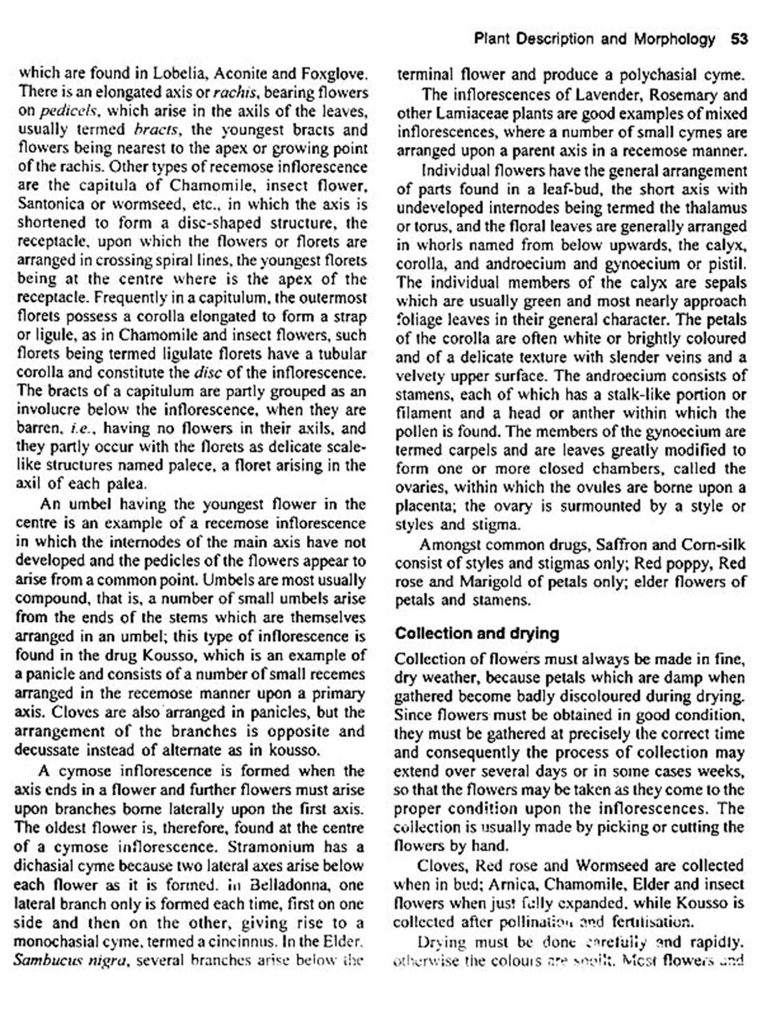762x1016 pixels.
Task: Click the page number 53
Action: (739, 39)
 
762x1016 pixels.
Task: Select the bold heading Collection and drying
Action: (477, 633)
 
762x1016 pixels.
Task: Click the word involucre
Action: (49, 409)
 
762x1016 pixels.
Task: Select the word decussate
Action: (46, 750)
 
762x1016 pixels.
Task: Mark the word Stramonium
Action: (285, 847)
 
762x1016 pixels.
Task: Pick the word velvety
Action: (420, 376)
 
